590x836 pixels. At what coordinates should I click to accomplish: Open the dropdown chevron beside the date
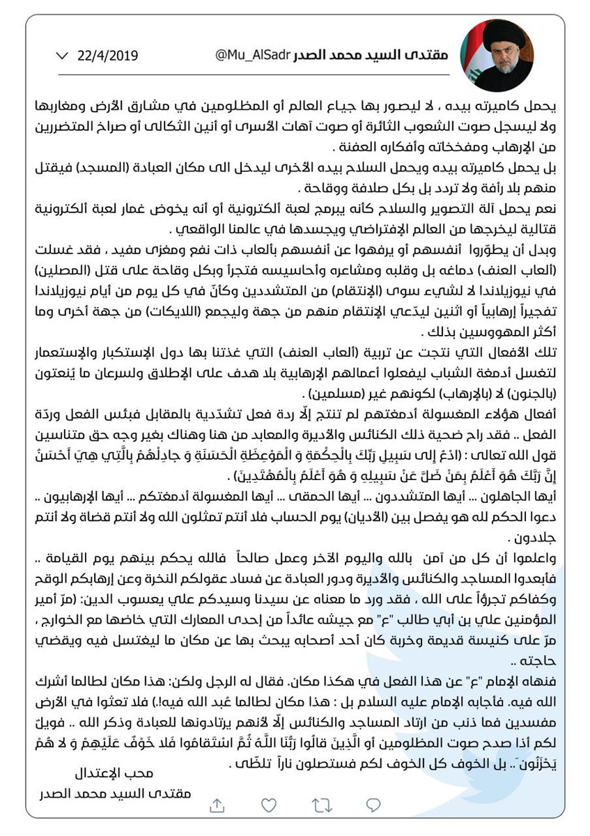coord(62,55)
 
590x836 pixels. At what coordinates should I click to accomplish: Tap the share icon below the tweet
coord(217,805)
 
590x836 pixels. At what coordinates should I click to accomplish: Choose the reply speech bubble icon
coord(374,805)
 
